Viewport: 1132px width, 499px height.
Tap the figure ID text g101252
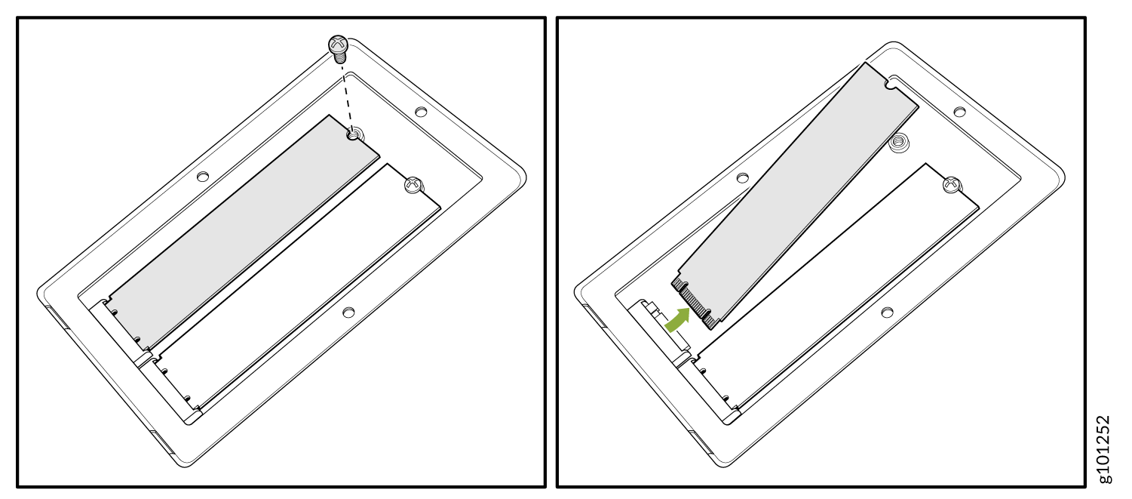click(1103, 449)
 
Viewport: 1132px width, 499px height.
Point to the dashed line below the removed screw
click(347, 97)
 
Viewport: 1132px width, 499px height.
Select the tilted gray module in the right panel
click(796, 196)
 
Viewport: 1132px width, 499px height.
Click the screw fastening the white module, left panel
click(413, 185)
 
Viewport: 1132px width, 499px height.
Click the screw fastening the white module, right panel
click(952, 185)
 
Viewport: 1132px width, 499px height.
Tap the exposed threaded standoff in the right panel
click(897, 142)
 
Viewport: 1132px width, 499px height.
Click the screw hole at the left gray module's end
click(354, 134)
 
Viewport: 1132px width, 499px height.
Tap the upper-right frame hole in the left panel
click(421, 111)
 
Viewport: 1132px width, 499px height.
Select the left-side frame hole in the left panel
click(203, 177)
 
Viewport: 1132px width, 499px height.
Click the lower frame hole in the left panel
click(348, 313)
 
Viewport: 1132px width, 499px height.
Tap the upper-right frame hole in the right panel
click(959, 111)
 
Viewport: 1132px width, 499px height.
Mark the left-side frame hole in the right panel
click(742, 177)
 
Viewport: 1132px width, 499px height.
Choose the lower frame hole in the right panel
click(887, 313)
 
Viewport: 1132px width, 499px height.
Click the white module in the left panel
click(298, 288)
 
